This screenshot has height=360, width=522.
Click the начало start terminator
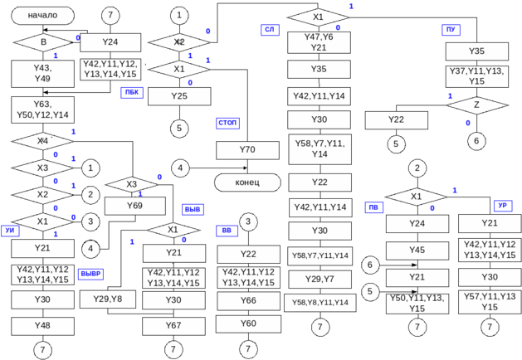tap(43, 16)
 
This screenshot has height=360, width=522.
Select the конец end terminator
tap(247, 182)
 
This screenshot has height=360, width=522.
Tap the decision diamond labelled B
tap(43, 42)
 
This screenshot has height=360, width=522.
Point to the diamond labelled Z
tap(476, 106)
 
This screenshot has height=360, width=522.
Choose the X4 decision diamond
tap(43, 142)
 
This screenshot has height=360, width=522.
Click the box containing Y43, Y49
tap(43, 73)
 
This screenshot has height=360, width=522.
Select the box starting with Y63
tap(43, 109)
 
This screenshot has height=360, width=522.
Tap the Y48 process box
tap(43, 325)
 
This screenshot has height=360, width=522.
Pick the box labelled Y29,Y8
tap(108, 299)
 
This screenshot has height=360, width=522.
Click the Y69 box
tap(135, 204)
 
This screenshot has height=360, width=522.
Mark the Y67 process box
tap(173, 325)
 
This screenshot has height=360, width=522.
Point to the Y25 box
tap(178, 96)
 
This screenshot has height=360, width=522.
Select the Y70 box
tap(246, 150)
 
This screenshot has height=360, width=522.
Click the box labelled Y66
tap(248, 299)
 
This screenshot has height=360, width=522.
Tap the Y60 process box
tap(248, 323)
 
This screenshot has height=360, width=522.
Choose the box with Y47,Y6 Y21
tap(319, 42)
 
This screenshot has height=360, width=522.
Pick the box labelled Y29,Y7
tap(320, 279)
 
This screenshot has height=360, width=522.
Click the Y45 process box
tap(417, 250)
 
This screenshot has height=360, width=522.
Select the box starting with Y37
tap(476, 76)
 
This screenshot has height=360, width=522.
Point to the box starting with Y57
tap(490, 302)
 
